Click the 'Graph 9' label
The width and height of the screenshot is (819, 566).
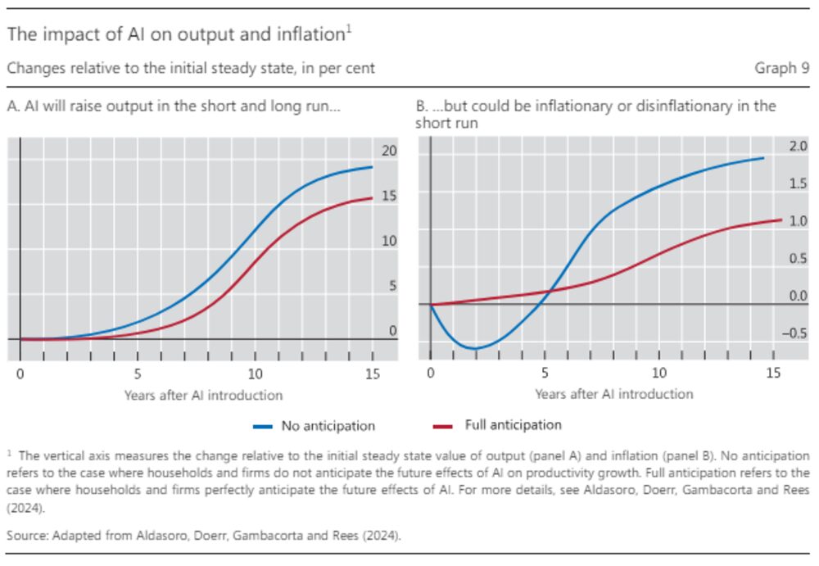point(781,69)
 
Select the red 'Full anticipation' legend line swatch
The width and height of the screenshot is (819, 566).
point(442,426)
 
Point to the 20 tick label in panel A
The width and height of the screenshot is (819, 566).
point(388,151)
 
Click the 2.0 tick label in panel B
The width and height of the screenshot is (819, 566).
point(798,147)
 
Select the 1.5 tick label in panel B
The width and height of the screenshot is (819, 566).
point(798,183)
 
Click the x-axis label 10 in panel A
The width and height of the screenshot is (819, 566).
point(255,374)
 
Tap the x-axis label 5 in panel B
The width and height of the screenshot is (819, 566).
point(545,374)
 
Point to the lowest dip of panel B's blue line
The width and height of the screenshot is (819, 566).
point(474,349)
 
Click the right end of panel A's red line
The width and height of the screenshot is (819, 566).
point(372,197)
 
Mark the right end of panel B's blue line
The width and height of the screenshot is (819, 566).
point(764,158)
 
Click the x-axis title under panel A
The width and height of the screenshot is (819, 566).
point(203,395)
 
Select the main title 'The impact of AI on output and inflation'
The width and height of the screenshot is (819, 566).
point(175,35)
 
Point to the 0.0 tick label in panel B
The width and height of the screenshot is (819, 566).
point(798,297)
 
